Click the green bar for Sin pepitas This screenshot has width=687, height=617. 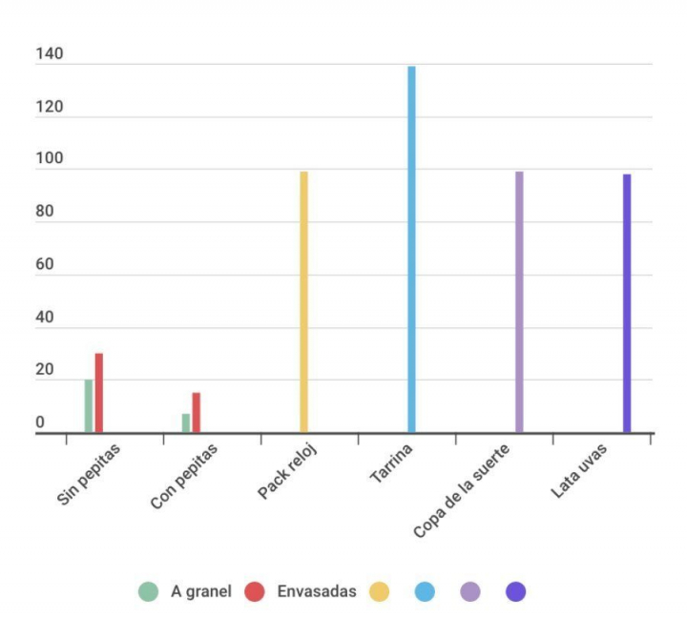tap(89, 406)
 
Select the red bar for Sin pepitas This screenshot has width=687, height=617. tap(98, 393)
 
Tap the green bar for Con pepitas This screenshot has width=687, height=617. tap(186, 423)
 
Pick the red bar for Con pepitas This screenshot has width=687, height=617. tap(196, 413)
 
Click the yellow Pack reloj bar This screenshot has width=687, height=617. tap(304, 302)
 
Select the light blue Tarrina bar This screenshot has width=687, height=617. tap(411, 250)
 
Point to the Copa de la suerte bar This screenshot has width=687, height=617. tap(519, 302)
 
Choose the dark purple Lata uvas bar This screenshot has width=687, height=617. tap(627, 303)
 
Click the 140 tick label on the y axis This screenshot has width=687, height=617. tap(49, 55)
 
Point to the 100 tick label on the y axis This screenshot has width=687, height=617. tap(49, 160)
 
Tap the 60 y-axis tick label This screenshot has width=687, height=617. tap(44, 265)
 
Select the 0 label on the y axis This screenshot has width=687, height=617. tap(40, 422)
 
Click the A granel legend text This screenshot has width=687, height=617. tap(200, 591)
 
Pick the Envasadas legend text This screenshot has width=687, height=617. tap(317, 591)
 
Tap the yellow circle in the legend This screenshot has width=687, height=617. tap(379, 592)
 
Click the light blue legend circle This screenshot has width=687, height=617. tap(425, 592)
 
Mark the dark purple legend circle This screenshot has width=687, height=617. tap(515, 592)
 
